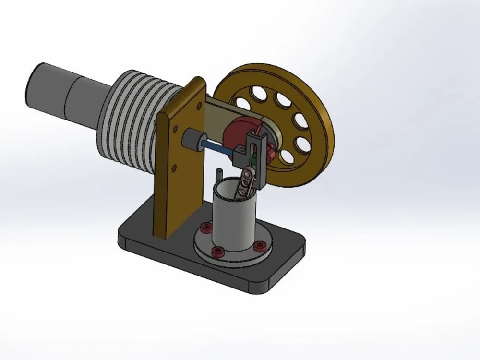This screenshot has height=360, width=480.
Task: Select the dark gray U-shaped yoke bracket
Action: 257,144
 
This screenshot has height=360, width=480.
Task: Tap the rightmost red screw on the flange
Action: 260,246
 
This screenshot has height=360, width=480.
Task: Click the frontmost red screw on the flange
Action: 218,251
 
